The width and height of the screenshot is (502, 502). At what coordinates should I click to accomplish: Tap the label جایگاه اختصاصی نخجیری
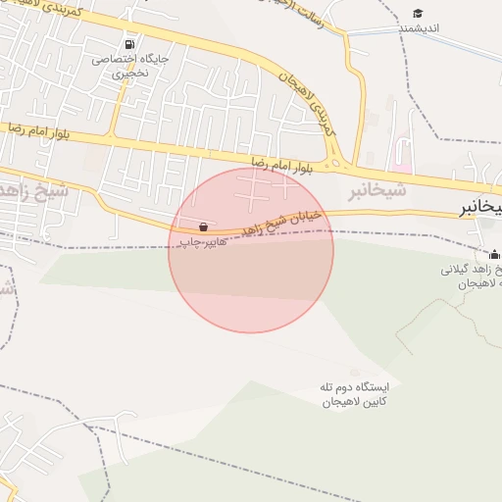point(130,66)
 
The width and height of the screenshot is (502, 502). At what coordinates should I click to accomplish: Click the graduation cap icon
point(419,13)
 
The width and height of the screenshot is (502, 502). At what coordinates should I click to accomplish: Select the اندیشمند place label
point(421,28)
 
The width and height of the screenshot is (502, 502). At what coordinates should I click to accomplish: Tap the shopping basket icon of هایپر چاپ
point(203,226)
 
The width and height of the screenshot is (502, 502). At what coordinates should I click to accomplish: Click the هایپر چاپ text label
point(204,241)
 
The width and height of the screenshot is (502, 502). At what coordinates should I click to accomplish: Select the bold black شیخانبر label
point(481,208)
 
